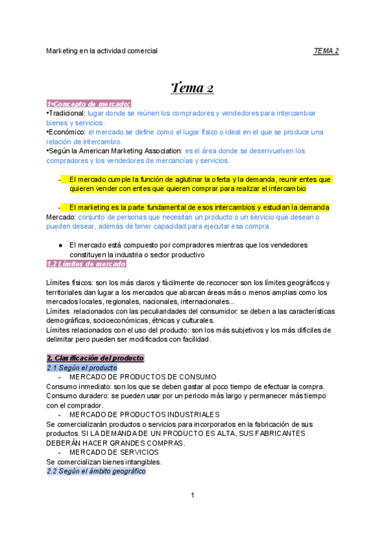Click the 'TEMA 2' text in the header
click(x=326, y=50)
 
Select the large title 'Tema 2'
click(x=193, y=88)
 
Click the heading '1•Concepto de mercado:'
click(x=89, y=104)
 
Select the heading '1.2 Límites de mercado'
click(x=86, y=264)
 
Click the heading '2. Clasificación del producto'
click(x=95, y=358)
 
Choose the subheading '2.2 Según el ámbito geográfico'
click(x=96, y=472)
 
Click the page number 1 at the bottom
click(x=193, y=495)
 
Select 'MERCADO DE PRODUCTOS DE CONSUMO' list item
click(x=142, y=377)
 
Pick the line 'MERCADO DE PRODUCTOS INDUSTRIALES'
click(x=144, y=414)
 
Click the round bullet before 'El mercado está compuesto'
click(x=60, y=245)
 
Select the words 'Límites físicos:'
click(x=72, y=283)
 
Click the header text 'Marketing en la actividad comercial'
click(x=102, y=50)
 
